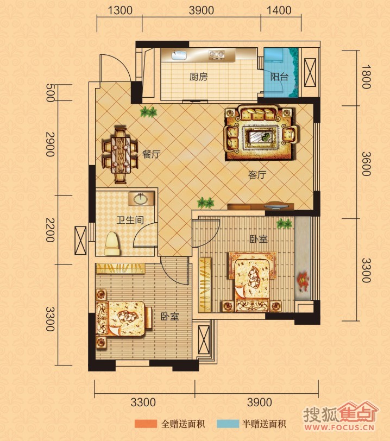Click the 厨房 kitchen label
(x=198, y=77)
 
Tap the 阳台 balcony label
(x=279, y=77)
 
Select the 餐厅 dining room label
(x=152, y=154)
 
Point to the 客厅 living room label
(x=257, y=175)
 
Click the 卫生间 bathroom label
(x=130, y=220)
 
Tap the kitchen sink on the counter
(x=179, y=55)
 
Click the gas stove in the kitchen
(x=216, y=54)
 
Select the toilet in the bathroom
(x=112, y=243)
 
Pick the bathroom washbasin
(x=140, y=199)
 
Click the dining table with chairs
(x=121, y=155)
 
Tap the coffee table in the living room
(x=260, y=137)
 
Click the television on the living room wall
(x=276, y=206)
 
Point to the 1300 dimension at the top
(x=120, y=10)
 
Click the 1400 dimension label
(x=279, y=10)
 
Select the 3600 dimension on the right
(x=366, y=163)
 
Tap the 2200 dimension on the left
(x=50, y=230)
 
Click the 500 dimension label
(x=50, y=93)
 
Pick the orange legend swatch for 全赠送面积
(x=146, y=424)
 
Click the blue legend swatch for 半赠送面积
(x=228, y=424)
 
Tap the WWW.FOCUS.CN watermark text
(x=339, y=427)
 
